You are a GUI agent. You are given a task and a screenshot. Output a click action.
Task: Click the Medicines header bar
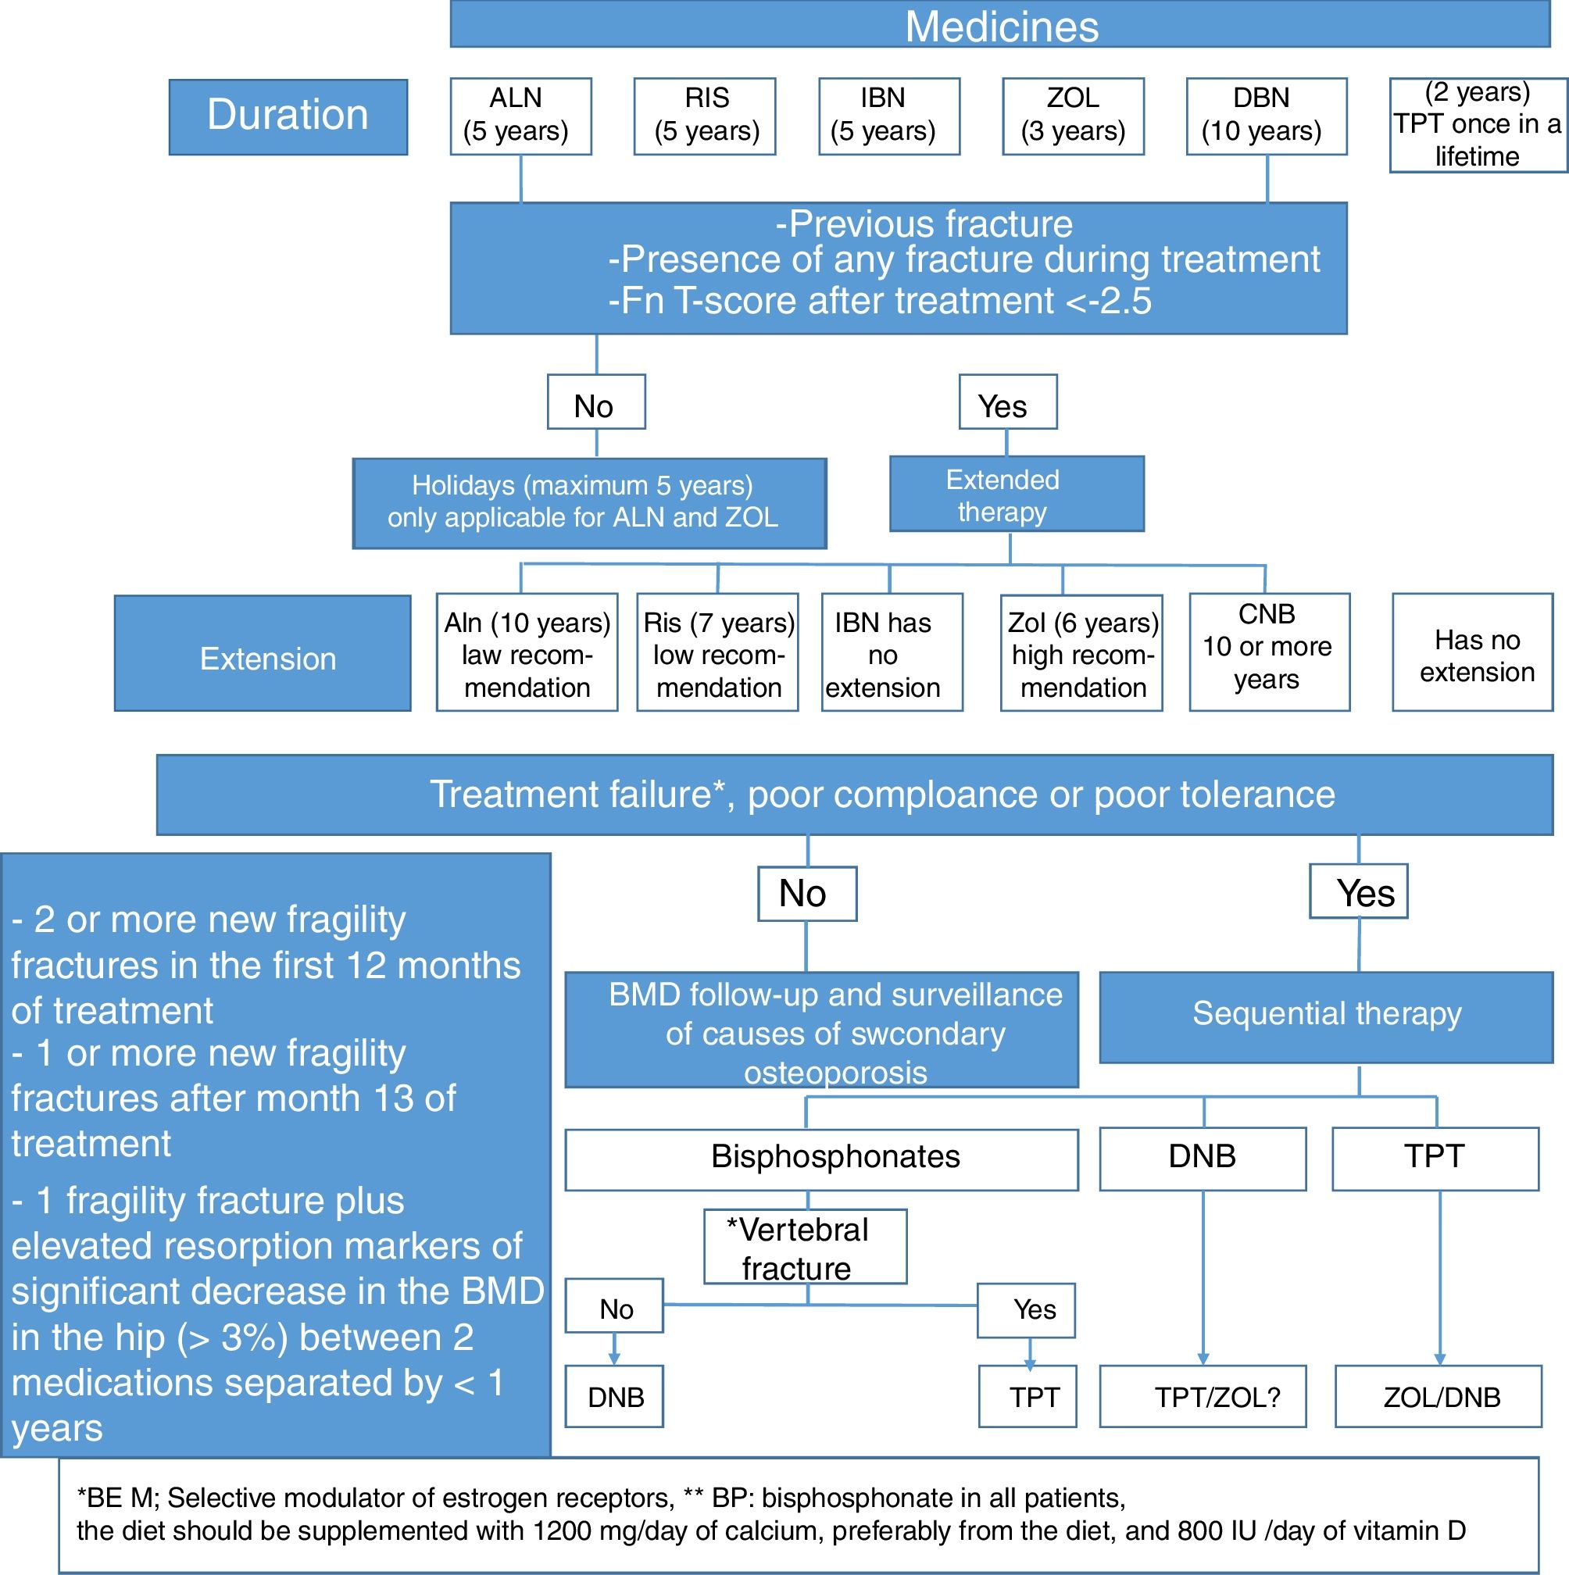coord(1000,25)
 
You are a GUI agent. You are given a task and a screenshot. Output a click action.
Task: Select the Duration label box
coord(288,116)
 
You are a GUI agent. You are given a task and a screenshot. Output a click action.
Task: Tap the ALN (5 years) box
coord(520,116)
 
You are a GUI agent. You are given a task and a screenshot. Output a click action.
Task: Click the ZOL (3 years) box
coord(1072,116)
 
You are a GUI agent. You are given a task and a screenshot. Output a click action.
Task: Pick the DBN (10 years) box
coord(1266,116)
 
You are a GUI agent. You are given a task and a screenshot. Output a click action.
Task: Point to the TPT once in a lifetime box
coord(1477,125)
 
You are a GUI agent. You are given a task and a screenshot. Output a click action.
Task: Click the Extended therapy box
coord(1016,494)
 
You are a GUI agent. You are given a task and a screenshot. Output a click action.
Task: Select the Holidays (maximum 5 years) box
coord(589,502)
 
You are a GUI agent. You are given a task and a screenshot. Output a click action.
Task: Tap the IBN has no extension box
coord(892,653)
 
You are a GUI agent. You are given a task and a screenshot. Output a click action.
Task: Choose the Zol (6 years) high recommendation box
coord(1081,653)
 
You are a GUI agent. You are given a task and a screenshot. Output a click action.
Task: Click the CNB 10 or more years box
coord(1269,652)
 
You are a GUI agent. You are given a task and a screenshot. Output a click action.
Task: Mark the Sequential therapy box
coord(1326,1016)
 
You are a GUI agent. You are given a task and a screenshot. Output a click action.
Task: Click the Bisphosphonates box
coord(821,1159)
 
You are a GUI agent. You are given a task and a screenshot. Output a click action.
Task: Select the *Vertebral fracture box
coord(805,1248)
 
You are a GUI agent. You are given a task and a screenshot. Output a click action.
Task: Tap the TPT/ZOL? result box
coord(1202,1398)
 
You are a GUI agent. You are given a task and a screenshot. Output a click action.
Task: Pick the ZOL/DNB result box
coord(1438,1398)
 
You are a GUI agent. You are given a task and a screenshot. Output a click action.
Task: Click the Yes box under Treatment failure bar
coord(1359,891)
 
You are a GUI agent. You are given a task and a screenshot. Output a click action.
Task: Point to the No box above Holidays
coord(596,402)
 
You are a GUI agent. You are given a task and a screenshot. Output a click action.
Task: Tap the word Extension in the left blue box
coord(267,659)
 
